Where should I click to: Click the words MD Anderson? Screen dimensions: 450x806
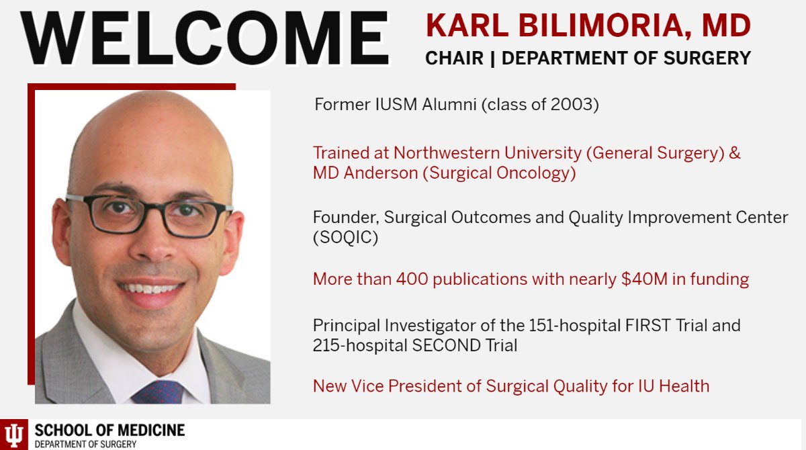(365, 173)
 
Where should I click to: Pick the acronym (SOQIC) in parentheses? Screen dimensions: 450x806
(345, 238)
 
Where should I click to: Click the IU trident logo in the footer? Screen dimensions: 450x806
(14, 435)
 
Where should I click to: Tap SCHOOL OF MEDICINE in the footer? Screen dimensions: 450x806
(109, 431)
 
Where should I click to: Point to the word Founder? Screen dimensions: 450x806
(341, 218)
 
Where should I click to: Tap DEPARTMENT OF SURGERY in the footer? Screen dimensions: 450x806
(85, 444)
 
